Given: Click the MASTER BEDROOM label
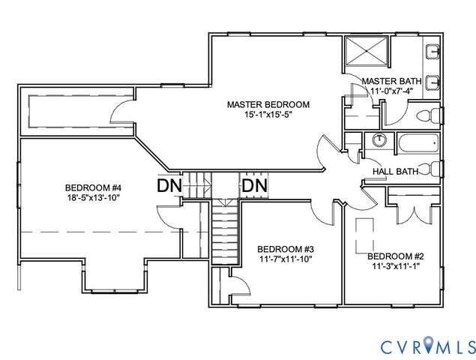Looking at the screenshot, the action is [x=268, y=105].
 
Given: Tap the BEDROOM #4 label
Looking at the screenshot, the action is [x=93, y=187].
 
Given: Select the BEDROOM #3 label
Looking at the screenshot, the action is [x=286, y=250].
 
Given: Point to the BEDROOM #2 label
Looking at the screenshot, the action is [x=396, y=256].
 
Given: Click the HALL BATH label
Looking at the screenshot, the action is [x=396, y=171].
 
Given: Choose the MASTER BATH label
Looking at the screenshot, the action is [x=391, y=82].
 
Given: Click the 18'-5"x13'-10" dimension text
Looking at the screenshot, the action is [x=94, y=197].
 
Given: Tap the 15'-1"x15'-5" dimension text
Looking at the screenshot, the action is [x=268, y=115].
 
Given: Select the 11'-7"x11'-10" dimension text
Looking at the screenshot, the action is [x=286, y=259].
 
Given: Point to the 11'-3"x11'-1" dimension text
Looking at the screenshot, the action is [x=396, y=266].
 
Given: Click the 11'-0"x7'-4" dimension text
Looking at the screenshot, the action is [x=392, y=91].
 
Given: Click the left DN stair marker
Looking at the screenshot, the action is [x=169, y=185].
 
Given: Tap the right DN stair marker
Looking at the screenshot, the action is [x=255, y=185].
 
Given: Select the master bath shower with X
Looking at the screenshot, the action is [x=367, y=51].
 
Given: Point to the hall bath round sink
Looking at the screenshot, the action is [x=379, y=139].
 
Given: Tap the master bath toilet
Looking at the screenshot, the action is [x=429, y=115].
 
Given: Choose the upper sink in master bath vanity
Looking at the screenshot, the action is [x=433, y=52].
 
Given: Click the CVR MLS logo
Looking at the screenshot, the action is [x=428, y=346].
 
